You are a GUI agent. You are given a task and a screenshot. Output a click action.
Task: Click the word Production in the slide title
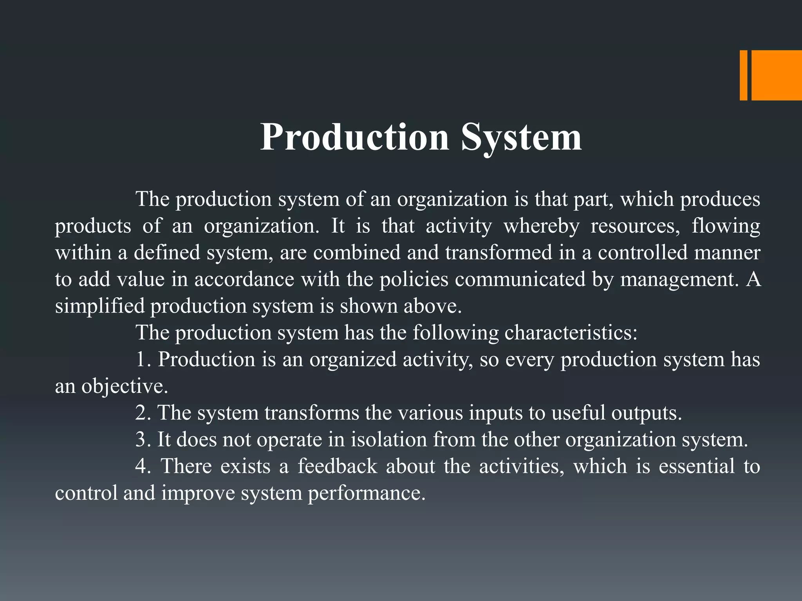(354, 137)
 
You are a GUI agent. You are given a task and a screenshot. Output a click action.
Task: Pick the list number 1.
(142, 360)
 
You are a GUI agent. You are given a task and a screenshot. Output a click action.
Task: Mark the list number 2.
(142, 413)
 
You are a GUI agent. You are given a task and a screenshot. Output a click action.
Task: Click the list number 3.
(142, 439)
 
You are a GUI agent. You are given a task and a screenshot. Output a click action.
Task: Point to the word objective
(125, 387)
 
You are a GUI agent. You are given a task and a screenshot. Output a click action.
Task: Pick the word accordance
(244, 279)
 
